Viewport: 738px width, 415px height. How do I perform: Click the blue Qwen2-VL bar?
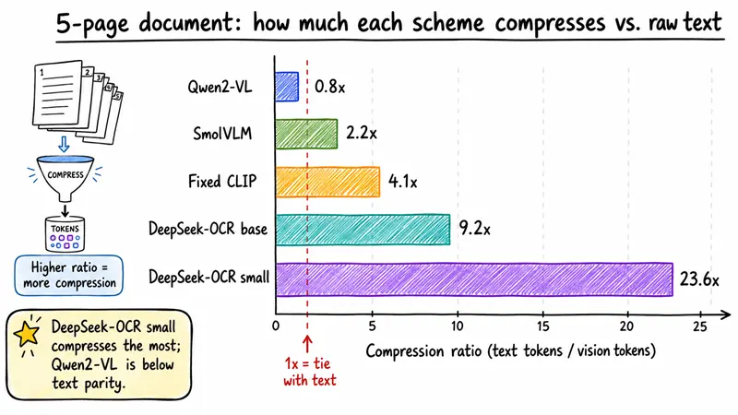[x=287, y=87]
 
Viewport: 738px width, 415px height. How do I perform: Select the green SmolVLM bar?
[x=306, y=134]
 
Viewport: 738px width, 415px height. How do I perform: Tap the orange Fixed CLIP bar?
[x=327, y=182]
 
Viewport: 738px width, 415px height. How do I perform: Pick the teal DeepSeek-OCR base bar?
[x=363, y=230]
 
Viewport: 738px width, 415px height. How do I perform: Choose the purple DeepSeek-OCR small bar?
[x=474, y=279]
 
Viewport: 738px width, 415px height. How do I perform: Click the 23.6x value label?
[x=699, y=279]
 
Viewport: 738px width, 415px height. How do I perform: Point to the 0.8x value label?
[x=329, y=87]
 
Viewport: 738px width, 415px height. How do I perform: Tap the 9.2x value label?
[x=474, y=229]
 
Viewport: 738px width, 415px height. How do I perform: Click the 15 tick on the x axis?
[x=542, y=326]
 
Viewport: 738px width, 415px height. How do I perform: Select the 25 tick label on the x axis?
[x=700, y=326]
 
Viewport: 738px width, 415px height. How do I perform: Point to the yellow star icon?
[x=27, y=334]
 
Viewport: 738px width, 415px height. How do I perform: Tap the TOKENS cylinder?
[x=65, y=234]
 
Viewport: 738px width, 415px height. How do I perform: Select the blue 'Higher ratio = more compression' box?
[x=68, y=275]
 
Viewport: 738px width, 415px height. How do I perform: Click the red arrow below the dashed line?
[x=307, y=344]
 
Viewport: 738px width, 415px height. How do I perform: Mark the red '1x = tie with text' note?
[x=310, y=372]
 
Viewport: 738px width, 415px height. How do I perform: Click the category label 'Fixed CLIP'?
[x=222, y=181]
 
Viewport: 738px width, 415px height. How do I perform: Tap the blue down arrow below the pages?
[x=64, y=144]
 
